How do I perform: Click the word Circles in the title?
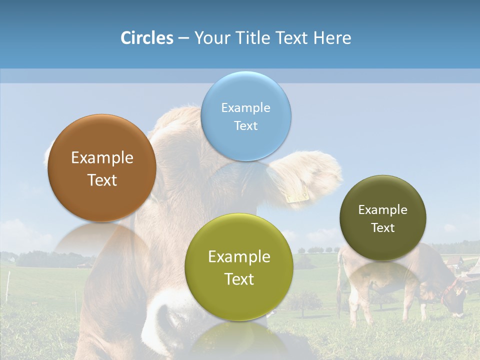pos(146,38)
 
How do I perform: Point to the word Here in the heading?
pos(332,38)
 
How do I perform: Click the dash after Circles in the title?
pos(183,38)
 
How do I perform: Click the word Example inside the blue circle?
pos(245,108)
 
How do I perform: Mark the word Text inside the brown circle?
pos(102,180)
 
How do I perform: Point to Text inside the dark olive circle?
pos(383,228)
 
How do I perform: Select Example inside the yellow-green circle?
pos(239,257)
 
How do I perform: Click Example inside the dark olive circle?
pos(383,210)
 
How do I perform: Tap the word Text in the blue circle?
pos(245,126)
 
